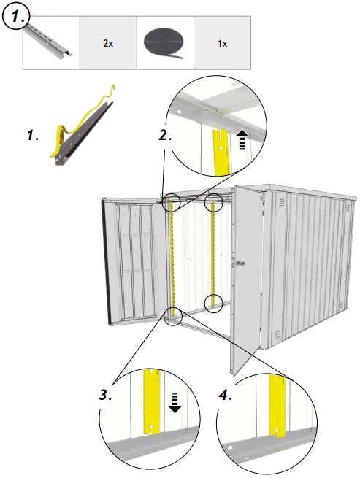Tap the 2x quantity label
[x=107, y=44]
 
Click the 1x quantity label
[x=222, y=44]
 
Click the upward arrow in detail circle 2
[x=242, y=138]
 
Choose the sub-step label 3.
[x=107, y=395]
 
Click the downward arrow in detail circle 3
[x=175, y=401]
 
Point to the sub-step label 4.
[x=226, y=395]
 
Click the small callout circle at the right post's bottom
[x=213, y=303]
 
